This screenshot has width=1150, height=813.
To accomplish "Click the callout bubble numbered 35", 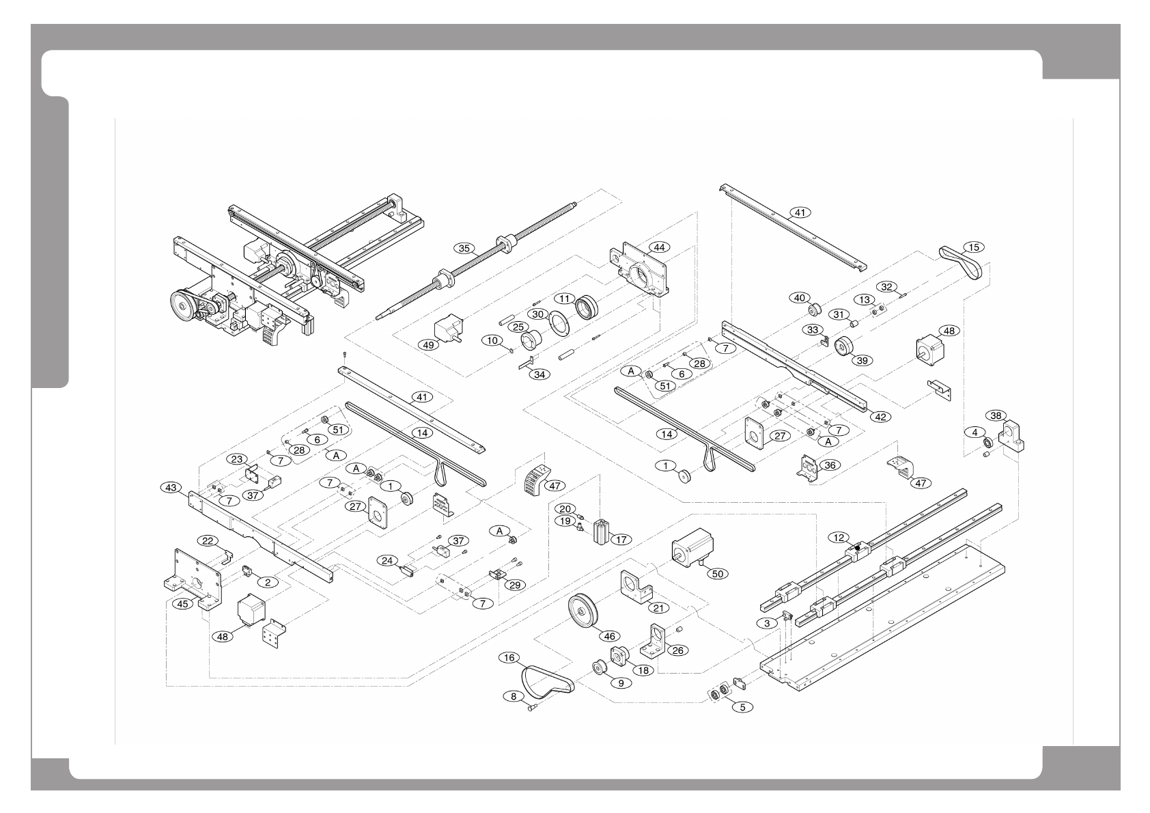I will point(465,249).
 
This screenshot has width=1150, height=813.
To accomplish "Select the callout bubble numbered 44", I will point(658,246).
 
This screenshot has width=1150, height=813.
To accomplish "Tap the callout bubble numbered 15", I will point(972,247).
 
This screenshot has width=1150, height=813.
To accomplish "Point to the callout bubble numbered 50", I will point(717,574).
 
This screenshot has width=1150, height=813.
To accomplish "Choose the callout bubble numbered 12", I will point(839,538).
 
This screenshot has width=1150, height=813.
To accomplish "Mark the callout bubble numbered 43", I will point(171,487).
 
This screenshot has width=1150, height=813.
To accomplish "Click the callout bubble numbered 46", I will point(610,636).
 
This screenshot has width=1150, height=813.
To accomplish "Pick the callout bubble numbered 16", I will point(509,658).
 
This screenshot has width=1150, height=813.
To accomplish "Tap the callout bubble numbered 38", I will point(996,415).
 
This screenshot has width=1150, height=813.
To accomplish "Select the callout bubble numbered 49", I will point(429,345).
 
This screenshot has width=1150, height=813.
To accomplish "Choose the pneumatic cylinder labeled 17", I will point(600,531).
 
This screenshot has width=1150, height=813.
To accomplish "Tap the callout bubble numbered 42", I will point(880,416).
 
